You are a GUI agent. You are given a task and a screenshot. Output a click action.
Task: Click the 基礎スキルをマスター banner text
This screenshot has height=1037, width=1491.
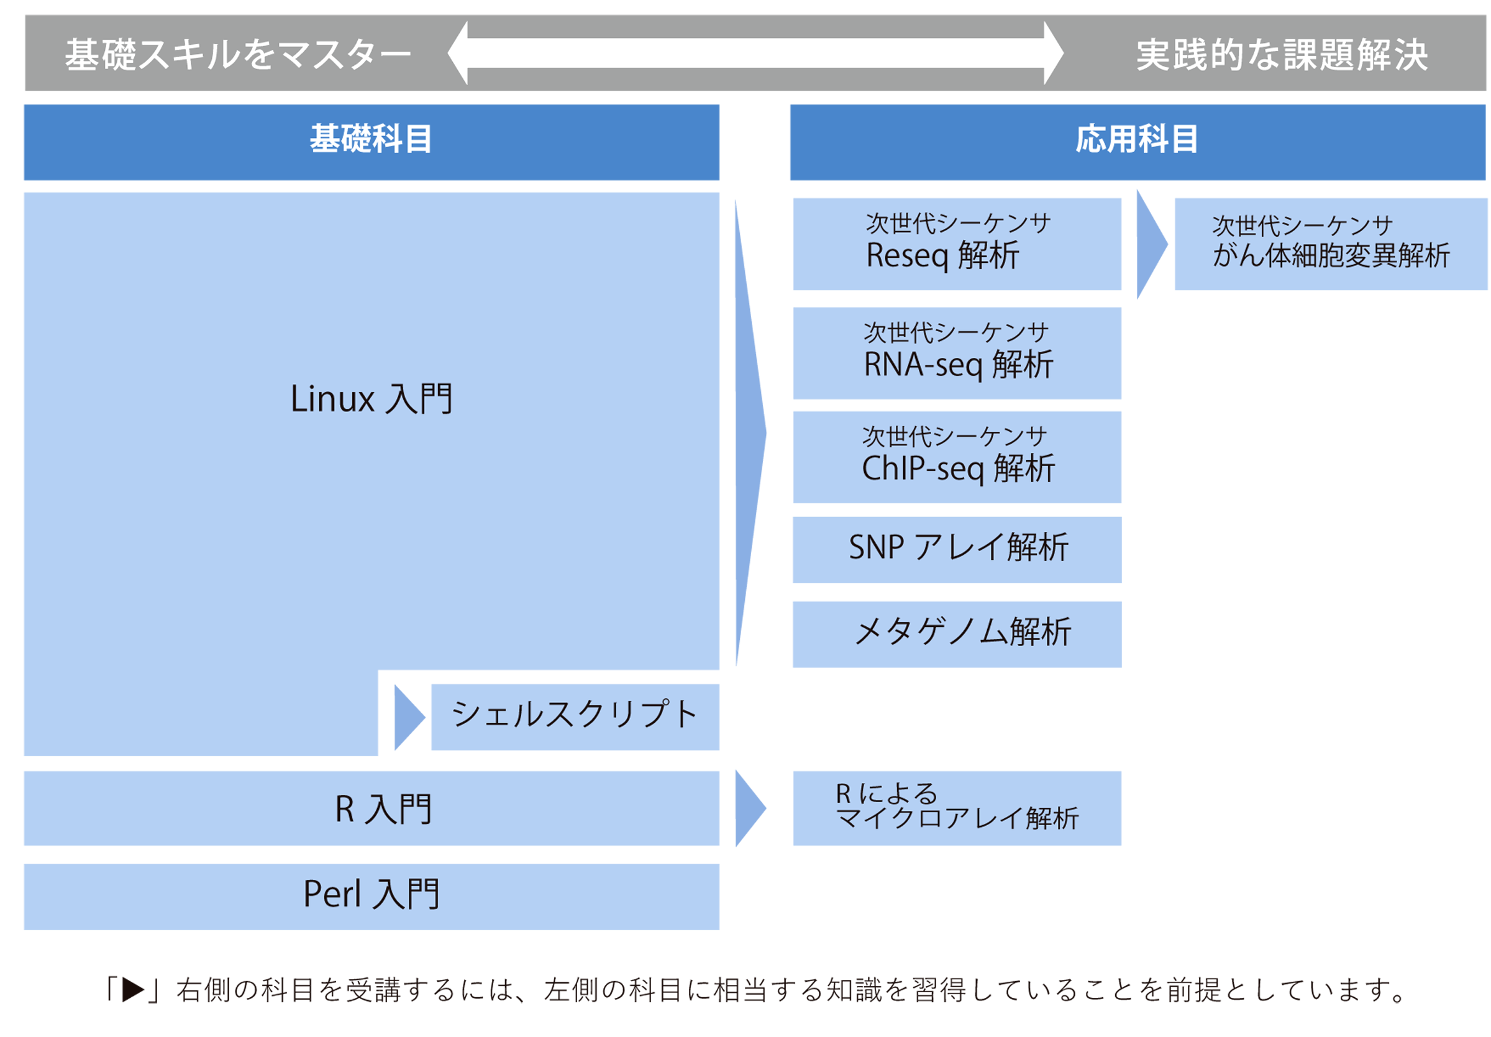pyautogui.click(x=238, y=55)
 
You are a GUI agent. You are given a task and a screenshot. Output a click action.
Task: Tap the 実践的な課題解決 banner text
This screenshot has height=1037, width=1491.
pyautogui.click(x=1281, y=55)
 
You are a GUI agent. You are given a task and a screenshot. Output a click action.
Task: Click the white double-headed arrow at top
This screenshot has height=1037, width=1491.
pyautogui.click(x=755, y=53)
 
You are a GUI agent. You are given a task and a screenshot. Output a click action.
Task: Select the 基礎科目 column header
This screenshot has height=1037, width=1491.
pyautogui.click(x=371, y=139)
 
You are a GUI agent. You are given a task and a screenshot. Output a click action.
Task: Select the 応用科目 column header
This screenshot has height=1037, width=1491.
pyautogui.click(x=1136, y=139)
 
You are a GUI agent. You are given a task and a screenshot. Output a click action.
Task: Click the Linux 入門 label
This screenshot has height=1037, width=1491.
pyautogui.click(x=371, y=398)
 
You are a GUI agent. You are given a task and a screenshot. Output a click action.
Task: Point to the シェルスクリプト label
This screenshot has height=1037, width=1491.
pyautogui.click(x=574, y=715)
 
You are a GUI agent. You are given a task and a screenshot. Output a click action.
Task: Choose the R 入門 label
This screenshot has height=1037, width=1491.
pyautogui.click(x=383, y=809)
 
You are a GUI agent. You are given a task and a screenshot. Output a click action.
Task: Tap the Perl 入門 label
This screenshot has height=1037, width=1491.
pyautogui.click(x=372, y=893)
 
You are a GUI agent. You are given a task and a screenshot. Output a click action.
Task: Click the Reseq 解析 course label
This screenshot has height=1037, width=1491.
pyautogui.click(x=943, y=255)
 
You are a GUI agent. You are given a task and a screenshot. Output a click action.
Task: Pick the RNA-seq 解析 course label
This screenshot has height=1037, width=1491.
pyautogui.click(x=959, y=364)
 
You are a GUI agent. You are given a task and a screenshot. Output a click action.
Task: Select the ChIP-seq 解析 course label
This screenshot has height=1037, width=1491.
pyautogui.click(x=959, y=468)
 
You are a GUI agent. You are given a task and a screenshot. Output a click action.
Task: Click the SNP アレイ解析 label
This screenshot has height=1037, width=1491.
pyautogui.click(x=959, y=547)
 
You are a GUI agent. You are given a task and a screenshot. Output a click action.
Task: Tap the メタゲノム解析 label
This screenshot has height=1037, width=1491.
pyautogui.click(x=962, y=631)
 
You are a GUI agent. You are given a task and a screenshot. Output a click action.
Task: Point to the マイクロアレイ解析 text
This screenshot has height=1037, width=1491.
pyautogui.click(x=957, y=818)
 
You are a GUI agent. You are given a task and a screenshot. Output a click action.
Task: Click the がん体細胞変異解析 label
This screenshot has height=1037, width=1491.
pyautogui.click(x=1331, y=255)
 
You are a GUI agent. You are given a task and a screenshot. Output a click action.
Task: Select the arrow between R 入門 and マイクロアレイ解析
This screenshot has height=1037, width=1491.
pyautogui.click(x=752, y=808)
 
